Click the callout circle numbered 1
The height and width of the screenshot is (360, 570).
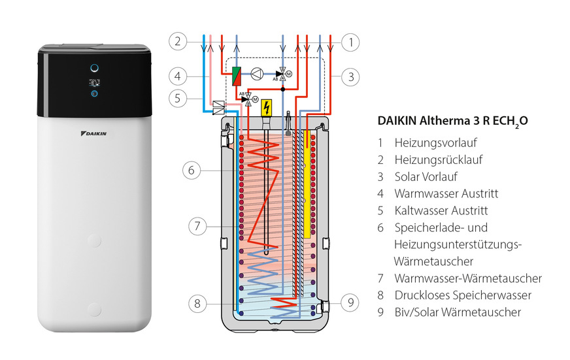click(351, 42)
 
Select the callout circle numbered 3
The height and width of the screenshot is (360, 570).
click(351, 76)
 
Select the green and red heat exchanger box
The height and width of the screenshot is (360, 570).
click(237, 74)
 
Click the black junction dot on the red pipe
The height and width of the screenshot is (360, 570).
click(282, 88)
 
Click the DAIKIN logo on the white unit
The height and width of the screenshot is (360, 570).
click(94, 133)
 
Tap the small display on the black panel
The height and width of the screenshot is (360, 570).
click(94, 83)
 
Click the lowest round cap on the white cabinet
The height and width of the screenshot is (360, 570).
click(94, 309)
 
